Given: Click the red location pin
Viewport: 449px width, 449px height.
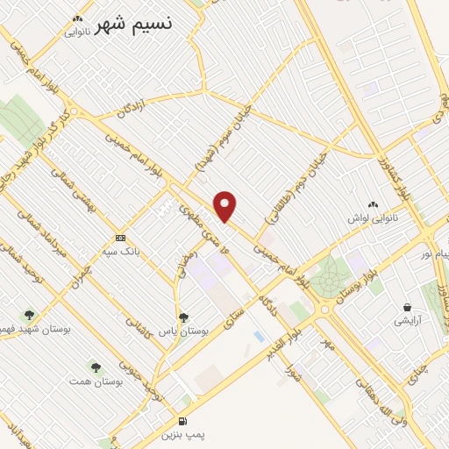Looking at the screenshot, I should (x=225, y=206).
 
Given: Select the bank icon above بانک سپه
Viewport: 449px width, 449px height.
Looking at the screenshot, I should (x=120, y=238).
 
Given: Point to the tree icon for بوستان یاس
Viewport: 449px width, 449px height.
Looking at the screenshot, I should (x=182, y=317).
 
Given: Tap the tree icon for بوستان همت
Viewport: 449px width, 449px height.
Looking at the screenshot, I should (x=95, y=367).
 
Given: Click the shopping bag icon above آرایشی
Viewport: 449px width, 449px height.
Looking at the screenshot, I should (x=407, y=307).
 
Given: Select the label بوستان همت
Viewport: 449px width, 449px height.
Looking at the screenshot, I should (x=94, y=382).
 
